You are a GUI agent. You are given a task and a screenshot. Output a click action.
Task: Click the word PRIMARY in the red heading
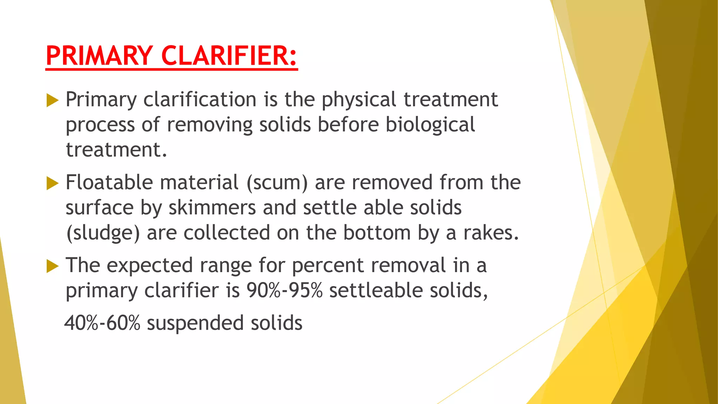coord(99,56)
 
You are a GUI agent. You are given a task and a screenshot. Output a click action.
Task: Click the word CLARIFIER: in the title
coord(229,56)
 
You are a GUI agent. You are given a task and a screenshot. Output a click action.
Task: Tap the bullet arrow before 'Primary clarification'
coord(52,101)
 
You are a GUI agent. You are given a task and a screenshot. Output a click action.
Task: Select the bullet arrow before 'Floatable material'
coord(52,183)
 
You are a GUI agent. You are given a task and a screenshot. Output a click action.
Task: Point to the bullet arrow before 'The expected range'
coord(52,266)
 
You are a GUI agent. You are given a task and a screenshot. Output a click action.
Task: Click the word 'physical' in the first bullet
coord(359,100)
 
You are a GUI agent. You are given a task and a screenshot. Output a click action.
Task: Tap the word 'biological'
coord(430,125)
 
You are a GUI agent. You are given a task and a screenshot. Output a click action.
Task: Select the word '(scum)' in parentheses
coord(277,183)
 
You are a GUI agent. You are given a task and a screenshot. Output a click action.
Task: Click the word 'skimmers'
coord(212,208)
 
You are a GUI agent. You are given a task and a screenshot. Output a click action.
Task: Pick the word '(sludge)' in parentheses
coord(103,233)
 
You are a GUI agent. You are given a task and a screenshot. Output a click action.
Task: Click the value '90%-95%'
coord(284,291)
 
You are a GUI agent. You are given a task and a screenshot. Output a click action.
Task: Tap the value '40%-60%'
coord(102,323)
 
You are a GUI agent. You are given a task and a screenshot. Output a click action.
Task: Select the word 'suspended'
coord(195,323)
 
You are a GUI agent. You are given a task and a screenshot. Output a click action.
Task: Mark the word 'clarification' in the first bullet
coord(200,100)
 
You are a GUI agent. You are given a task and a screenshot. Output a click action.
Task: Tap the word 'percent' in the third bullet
coord(327,265)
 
